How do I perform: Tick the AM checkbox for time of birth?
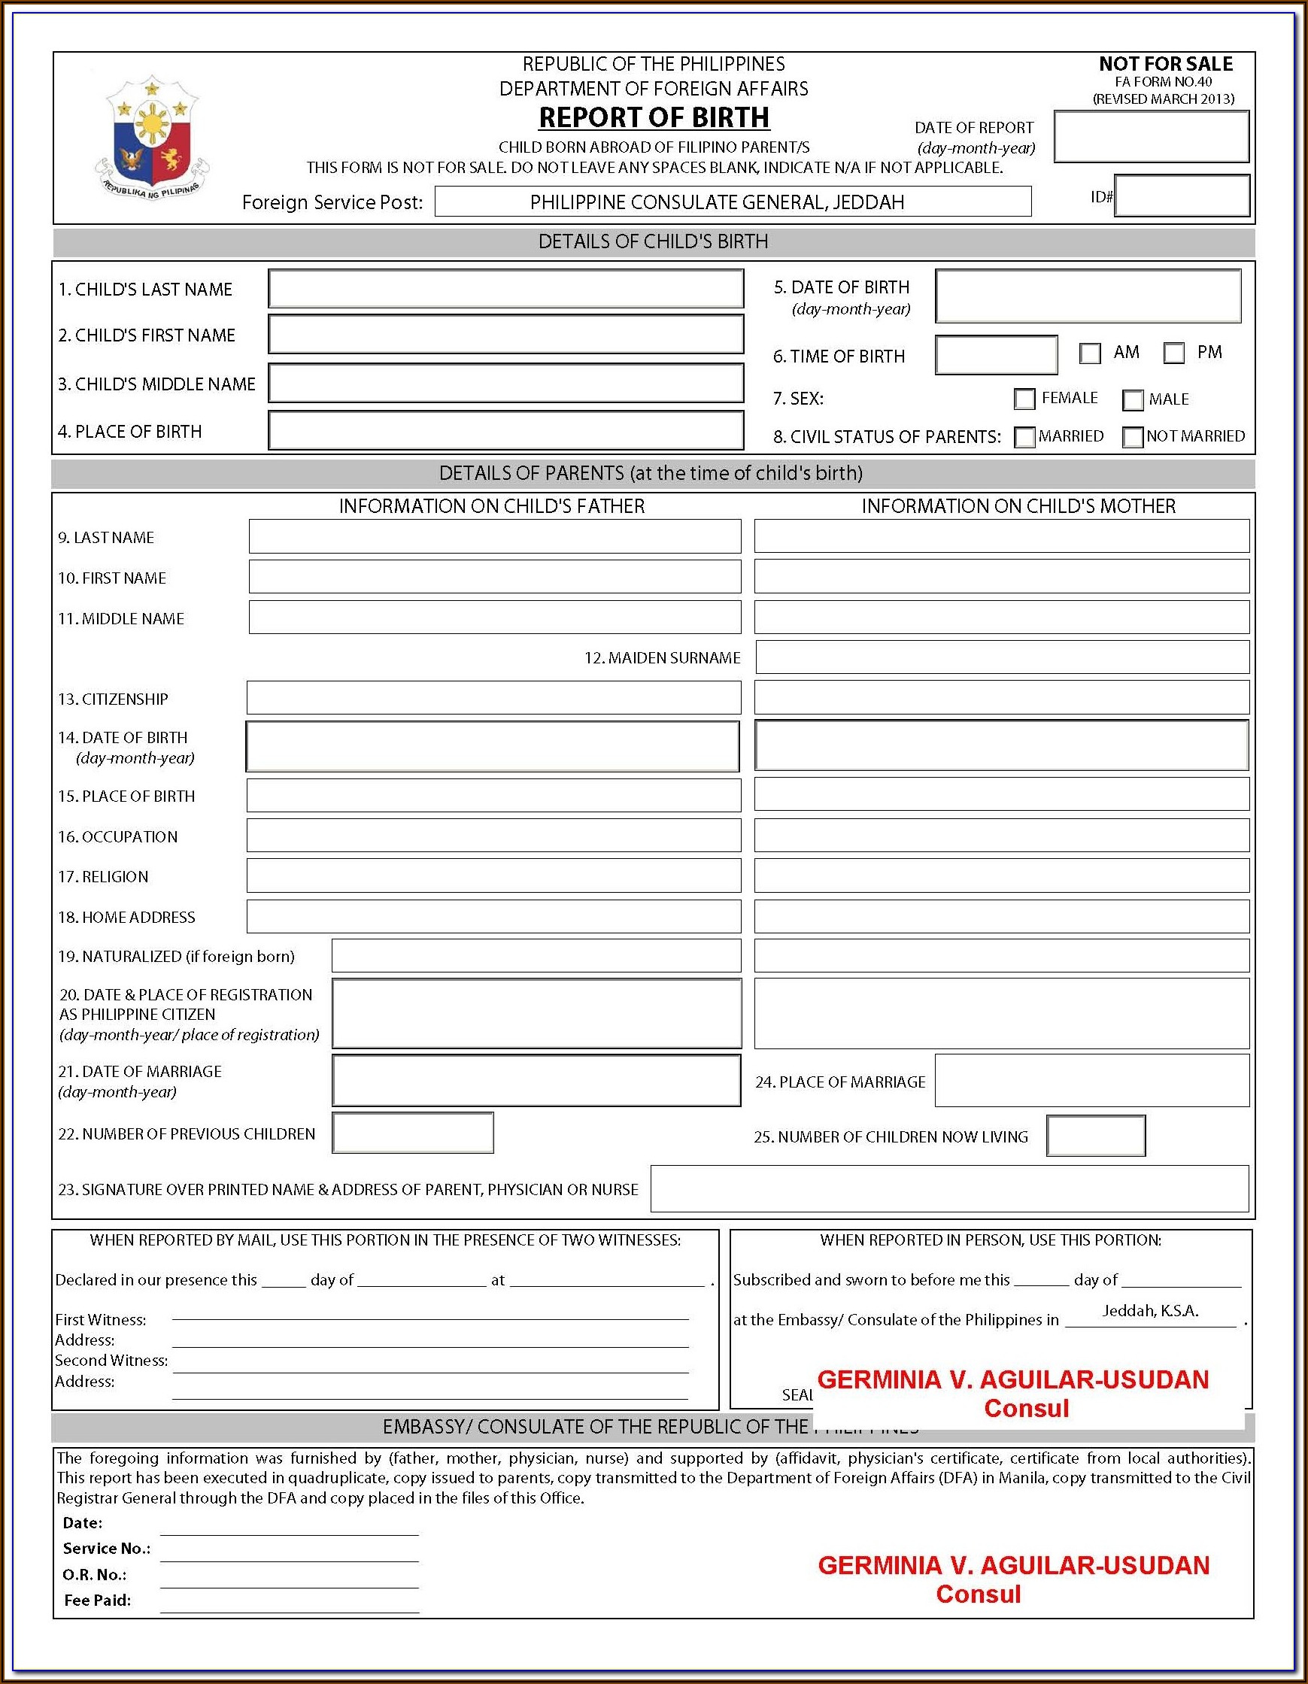coord(1090,354)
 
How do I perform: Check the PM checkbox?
coord(1174,354)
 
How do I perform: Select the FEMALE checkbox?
coord(1024,399)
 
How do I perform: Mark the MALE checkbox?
coord(1132,400)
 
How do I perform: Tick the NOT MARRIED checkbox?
coord(1132,437)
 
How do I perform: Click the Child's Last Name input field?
coord(506,289)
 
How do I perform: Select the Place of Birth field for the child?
coord(506,430)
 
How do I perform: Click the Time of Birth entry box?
coord(996,356)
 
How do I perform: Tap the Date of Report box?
coord(1151,137)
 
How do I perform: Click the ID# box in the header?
coord(1182,196)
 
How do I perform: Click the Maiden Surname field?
coord(1002,657)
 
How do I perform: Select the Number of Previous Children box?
coord(413,1133)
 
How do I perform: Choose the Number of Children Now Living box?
coord(1095,1136)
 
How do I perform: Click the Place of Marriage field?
coord(1091,1081)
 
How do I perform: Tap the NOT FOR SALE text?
coord(1165,64)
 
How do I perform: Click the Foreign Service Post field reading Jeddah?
coord(732,202)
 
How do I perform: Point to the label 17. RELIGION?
coord(103,877)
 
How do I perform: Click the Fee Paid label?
coord(97,1600)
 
